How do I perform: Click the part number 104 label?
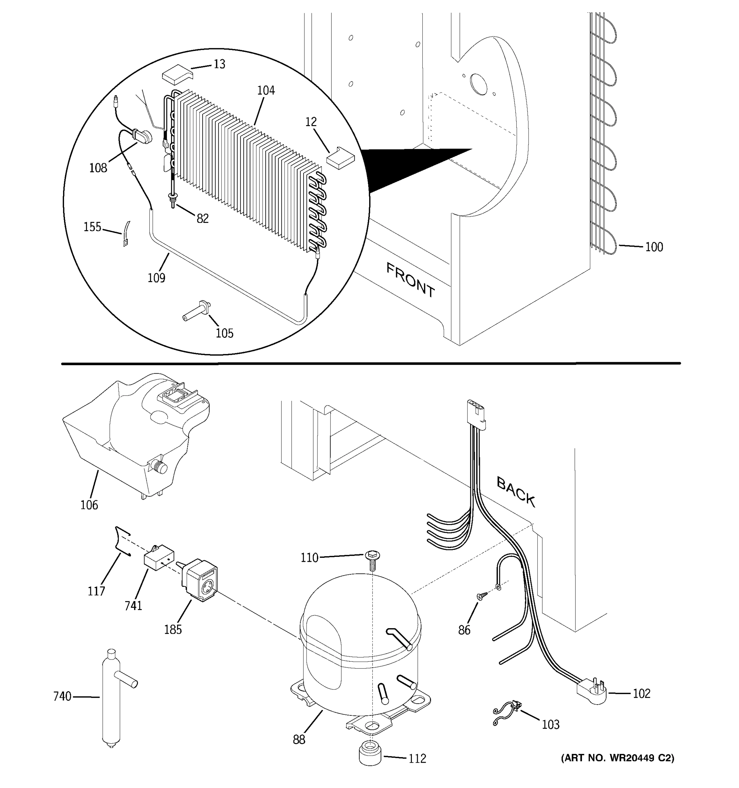tap(266, 90)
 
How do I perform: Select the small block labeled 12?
tap(340, 158)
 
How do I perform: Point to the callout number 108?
tap(98, 168)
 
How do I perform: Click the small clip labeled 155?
tap(126, 235)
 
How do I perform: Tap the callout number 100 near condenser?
tap(654, 247)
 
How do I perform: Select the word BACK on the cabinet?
tap(516, 492)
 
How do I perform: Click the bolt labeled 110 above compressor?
tap(371, 560)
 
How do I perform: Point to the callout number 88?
tap(299, 739)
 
